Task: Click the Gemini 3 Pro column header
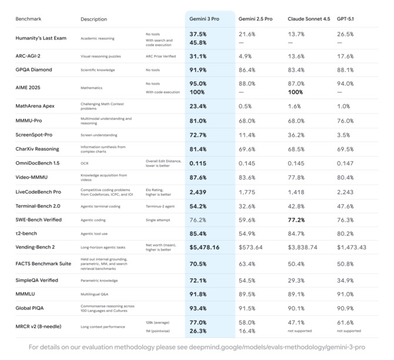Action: point(206,19)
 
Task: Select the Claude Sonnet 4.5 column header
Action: point(308,19)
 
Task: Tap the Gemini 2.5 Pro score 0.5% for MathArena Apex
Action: point(246,106)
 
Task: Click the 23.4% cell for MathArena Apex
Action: point(198,106)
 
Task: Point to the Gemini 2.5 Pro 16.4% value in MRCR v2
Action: point(248,331)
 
